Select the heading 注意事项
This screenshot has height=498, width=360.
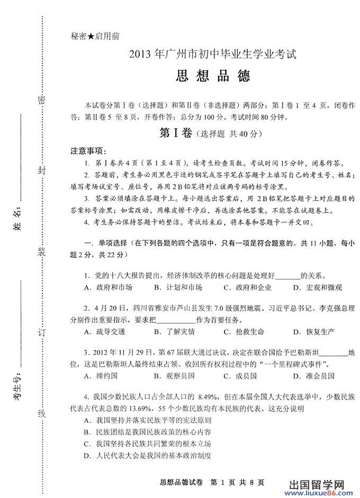pos(89,151)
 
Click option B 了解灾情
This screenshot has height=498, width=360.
pos(174,332)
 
